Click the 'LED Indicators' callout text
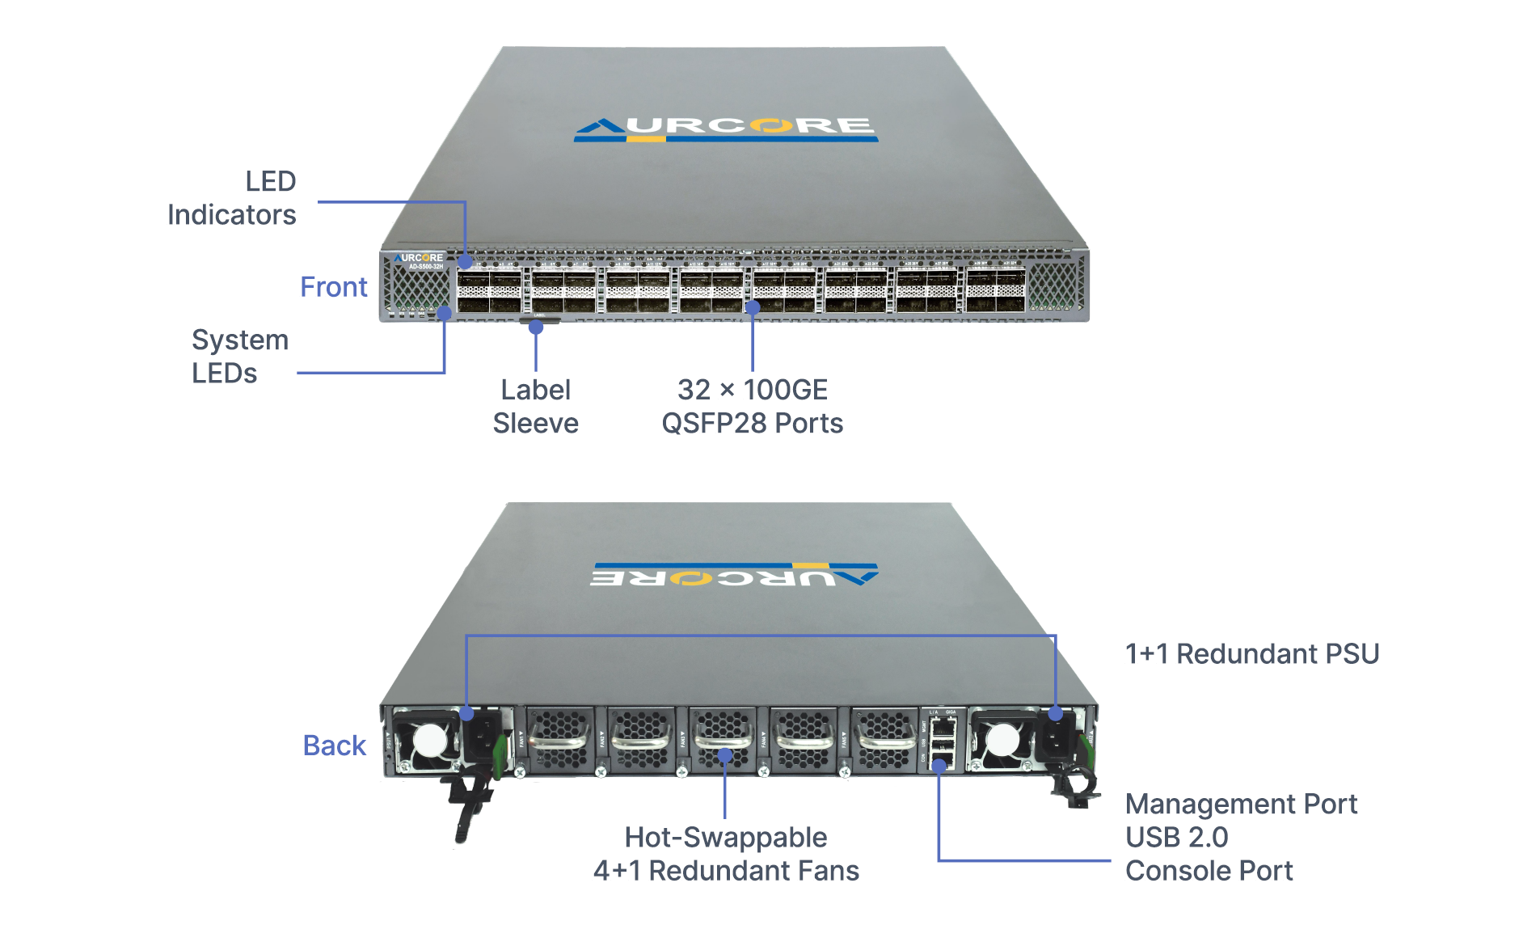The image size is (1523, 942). tap(232, 198)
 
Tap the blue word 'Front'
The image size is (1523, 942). tap(333, 287)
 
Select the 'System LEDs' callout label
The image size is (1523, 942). tap(239, 357)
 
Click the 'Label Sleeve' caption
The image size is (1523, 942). tap(535, 407)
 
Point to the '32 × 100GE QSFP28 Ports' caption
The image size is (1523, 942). tap(752, 407)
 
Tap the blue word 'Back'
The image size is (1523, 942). tap(334, 746)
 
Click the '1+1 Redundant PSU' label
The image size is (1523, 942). tap(1251, 653)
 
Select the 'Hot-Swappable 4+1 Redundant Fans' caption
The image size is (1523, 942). tap(726, 854)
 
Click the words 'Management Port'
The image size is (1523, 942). tap(1241, 804)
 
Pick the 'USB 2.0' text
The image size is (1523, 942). tap(1176, 837)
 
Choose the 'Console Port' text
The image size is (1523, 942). tap(1209, 871)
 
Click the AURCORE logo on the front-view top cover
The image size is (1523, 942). tap(726, 129)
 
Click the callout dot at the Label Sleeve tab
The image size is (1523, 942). tap(536, 327)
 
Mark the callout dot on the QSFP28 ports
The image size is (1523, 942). tap(753, 307)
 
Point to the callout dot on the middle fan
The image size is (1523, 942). tap(725, 755)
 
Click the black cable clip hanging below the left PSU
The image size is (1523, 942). tap(469, 809)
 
